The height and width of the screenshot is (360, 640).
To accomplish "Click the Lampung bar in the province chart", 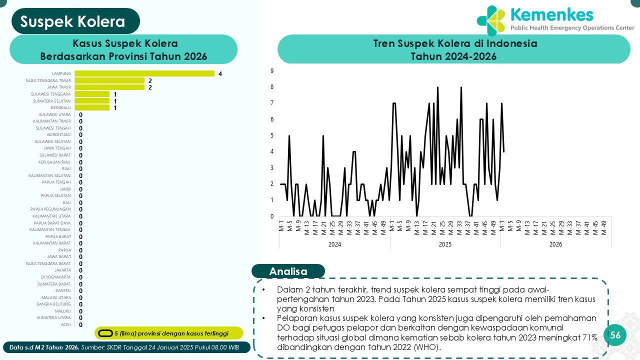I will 144,73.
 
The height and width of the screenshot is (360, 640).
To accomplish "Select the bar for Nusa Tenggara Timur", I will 109,80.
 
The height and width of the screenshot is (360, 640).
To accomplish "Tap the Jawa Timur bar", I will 109,87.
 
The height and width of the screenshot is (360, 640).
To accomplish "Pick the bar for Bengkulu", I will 92,107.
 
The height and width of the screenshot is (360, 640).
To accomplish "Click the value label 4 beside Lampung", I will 220,74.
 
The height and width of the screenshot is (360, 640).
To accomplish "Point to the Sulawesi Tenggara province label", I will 51,94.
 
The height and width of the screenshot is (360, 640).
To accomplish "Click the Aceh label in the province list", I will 65,324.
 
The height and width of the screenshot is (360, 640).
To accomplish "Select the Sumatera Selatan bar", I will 92,100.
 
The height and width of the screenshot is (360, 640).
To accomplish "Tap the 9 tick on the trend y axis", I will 271,71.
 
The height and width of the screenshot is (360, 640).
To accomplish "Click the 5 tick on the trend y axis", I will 271,135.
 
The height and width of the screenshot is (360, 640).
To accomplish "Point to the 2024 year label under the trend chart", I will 334,244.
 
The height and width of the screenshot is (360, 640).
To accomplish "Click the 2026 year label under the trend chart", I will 555,244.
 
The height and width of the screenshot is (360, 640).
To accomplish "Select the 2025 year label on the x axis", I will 445,244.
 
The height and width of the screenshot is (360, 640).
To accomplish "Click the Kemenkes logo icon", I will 490,21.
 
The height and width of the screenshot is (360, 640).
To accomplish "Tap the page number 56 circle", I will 615,335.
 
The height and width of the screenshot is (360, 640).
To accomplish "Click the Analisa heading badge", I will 288,271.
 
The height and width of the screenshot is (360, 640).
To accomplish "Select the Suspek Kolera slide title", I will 73,21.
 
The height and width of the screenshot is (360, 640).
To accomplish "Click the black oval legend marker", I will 105,333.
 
